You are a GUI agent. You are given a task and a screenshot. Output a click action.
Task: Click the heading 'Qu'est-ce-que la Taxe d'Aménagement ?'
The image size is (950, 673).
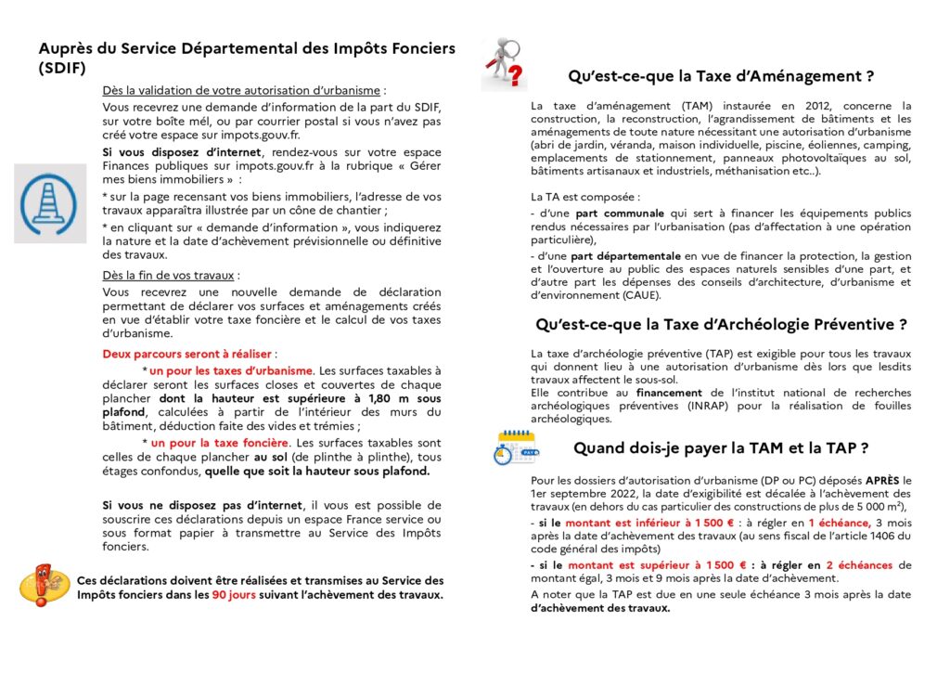click(x=721, y=76)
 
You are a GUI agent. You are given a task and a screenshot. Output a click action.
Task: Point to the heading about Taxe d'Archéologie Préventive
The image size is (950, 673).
click(x=721, y=325)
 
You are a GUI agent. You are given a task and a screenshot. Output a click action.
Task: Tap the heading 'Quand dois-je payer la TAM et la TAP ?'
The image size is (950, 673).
click(x=721, y=447)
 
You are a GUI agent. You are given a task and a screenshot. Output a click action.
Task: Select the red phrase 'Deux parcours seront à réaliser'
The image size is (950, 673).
click(x=188, y=354)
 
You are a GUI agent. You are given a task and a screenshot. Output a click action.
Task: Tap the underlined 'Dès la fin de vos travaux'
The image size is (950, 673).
click(x=170, y=275)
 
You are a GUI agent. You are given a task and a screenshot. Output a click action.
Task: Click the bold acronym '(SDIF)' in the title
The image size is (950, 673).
click(x=63, y=68)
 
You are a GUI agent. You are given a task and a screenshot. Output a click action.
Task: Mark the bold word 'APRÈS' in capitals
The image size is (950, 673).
click(x=882, y=480)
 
